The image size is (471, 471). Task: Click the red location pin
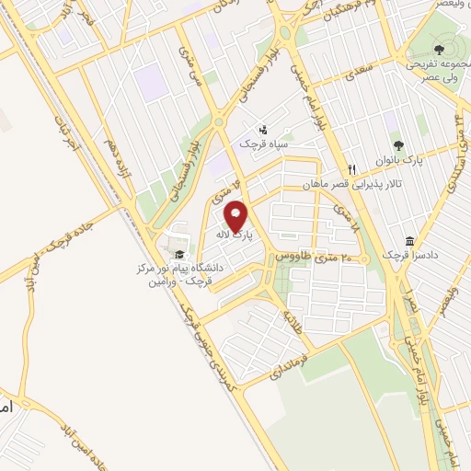click(x=237, y=217)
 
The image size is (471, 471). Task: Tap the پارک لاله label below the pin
click(x=235, y=236)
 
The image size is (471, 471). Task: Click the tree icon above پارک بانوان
click(x=398, y=145)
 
